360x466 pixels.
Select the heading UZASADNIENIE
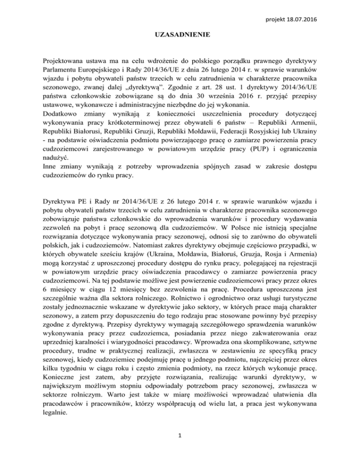pos(180,35)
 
